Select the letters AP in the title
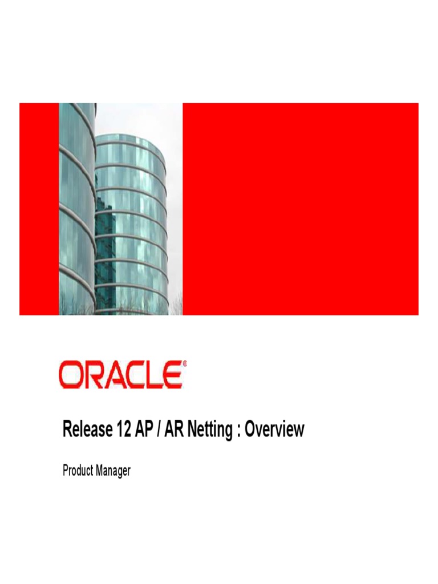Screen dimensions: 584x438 click(x=141, y=429)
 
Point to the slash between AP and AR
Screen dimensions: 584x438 click(x=157, y=429)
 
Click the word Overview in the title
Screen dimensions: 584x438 click(x=274, y=429)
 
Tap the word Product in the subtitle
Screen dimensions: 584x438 click(x=79, y=471)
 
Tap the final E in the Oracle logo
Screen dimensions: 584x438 click(x=172, y=376)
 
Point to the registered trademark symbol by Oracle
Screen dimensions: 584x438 click(x=184, y=363)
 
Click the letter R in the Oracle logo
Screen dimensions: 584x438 click(x=91, y=376)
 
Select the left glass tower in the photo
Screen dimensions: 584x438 click(x=76, y=205)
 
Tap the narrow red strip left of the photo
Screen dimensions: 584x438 click(x=39, y=209)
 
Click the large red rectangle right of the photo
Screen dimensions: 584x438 click(x=300, y=209)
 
